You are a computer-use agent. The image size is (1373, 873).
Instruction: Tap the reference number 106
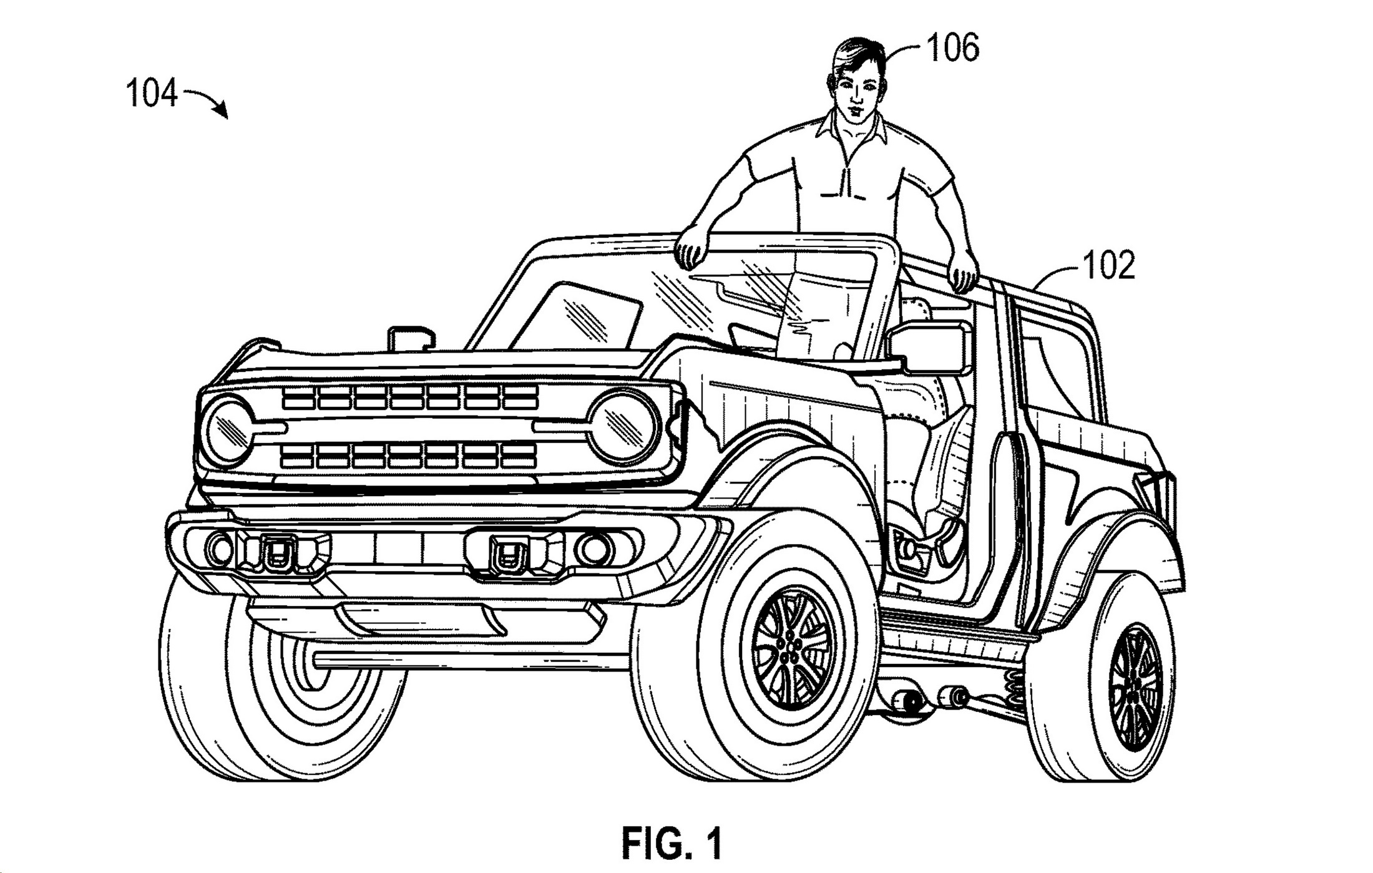(x=953, y=48)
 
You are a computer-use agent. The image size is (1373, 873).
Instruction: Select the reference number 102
(x=1109, y=265)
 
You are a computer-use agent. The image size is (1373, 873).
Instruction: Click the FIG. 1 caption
(x=672, y=844)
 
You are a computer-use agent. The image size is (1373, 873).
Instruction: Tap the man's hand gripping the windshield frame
(x=693, y=250)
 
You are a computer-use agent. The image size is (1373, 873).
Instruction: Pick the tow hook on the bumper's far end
(x=276, y=553)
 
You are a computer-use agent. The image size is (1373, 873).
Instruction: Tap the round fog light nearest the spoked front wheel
(x=593, y=549)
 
